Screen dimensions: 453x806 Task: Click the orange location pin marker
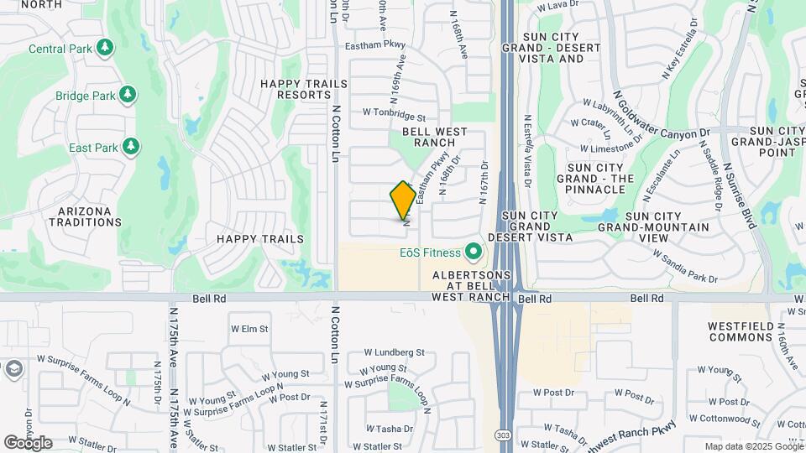tap(403, 200)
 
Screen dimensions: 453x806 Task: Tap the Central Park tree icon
tap(105, 48)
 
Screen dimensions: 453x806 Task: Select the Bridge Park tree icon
tap(128, 95)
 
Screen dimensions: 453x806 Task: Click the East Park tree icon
tap(130, 148)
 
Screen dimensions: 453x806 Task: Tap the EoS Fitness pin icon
tap(473, 252)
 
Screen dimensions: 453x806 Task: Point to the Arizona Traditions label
tap(85, 216)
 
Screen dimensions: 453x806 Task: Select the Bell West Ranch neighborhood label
tap(435, 137)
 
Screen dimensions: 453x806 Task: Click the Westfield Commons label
tap(740, 331)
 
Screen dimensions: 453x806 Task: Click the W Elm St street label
tap(249, 329)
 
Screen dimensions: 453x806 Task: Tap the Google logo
tap(28, 443)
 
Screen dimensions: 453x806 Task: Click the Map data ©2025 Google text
tap(753, 447)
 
